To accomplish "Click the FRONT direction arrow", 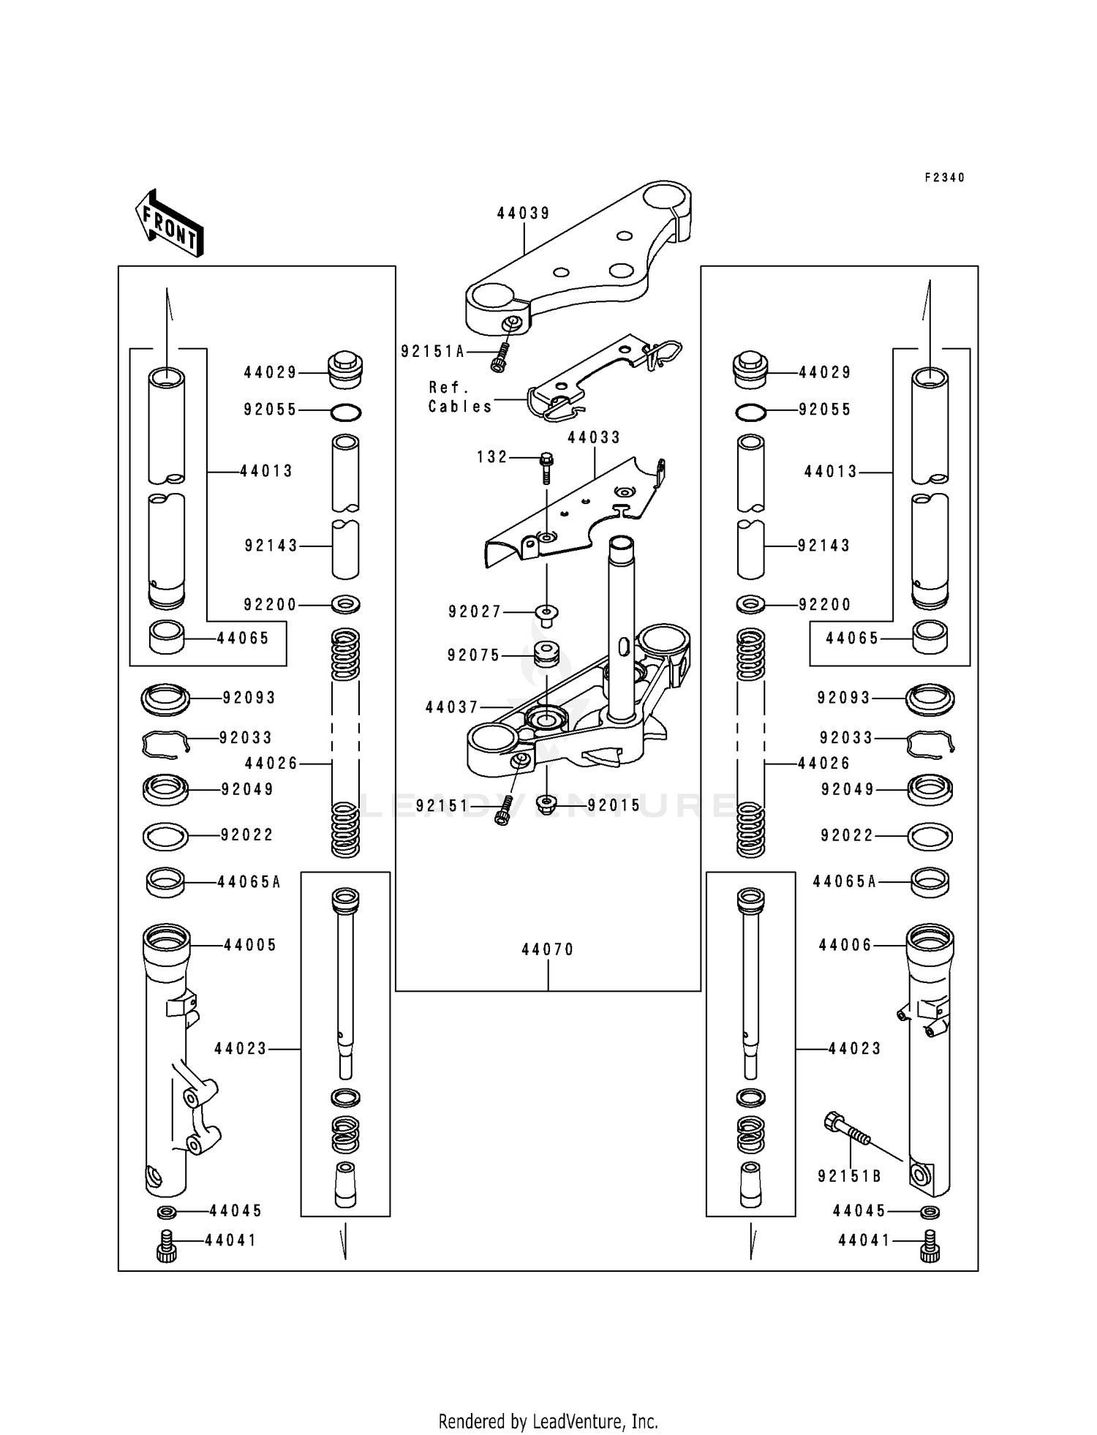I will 169,223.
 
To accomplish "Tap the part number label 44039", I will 524,213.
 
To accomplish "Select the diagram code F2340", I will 944,178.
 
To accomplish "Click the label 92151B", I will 849,1176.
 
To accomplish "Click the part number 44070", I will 548,949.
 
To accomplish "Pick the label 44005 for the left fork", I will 250,945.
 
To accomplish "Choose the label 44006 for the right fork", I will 845,945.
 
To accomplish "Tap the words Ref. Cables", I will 460,396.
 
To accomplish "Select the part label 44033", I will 594,437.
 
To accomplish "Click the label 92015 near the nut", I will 614,805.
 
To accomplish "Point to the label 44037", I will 452,707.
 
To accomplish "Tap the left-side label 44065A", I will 249,882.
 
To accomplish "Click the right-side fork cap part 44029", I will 750,370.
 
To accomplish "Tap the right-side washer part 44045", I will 930,1212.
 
